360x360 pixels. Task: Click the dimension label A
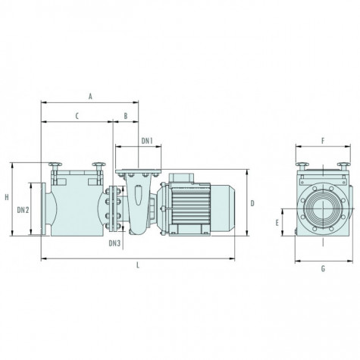[x=90, y=96]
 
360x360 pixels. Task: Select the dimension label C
[x=77, y=116]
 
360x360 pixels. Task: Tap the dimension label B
[x=126, y=116]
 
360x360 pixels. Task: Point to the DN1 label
[x=147, y=141]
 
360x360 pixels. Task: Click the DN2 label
[x=23, y=210]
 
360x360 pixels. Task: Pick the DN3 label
[x=114, y=243]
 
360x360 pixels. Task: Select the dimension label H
[x=7, y=197]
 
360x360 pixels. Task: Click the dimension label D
[x=252, y=203]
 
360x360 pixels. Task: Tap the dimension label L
[x=138, y=265]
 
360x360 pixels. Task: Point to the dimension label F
[x=323, y=141]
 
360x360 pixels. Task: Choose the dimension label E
[x=277, y=223]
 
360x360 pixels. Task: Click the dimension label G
[x=323, y=269]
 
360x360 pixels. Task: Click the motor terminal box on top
[x=181, y=178]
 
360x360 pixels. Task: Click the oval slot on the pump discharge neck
[x=138, y=195]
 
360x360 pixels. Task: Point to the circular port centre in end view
[x=323, y=208]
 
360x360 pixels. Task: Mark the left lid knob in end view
[x=302, y=164]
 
